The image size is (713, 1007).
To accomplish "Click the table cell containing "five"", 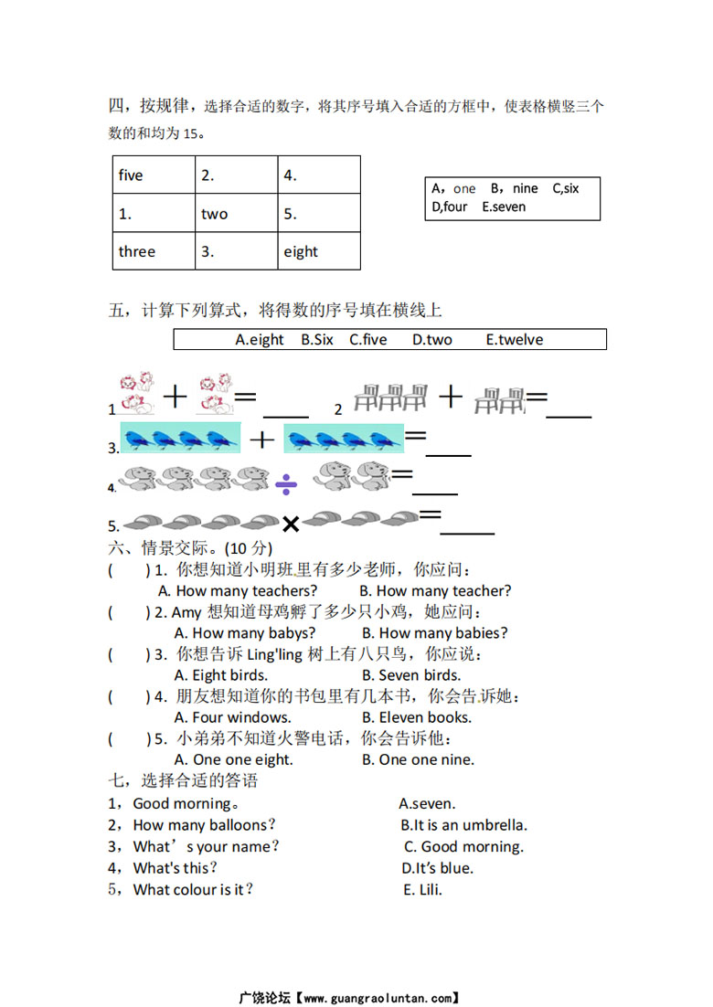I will click(152, 175).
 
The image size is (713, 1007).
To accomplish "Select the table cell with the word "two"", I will click(236, 214).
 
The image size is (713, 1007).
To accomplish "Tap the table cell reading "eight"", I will click(319, 251).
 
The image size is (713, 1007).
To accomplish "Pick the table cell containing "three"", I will click(152, 251).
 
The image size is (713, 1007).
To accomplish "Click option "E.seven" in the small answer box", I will click(504, 207).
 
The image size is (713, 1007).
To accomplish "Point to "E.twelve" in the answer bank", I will click(514, 340).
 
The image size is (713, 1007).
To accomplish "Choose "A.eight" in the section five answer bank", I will click(260, 340).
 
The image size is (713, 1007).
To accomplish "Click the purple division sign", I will click(286, 482).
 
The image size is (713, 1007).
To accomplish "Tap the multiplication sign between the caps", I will click(291, 524).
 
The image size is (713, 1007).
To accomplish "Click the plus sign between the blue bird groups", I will click(262, 440).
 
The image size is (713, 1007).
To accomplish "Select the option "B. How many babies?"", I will click(434, 632).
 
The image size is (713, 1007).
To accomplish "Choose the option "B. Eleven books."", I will click(416, 717).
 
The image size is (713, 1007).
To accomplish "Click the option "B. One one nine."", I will click(418, 759).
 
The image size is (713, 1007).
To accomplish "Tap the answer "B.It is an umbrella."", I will click(463, 825).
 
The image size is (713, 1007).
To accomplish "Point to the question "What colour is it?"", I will click(193, 889).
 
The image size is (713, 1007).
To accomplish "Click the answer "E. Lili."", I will click(422, 889).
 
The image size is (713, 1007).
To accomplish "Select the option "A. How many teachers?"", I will click(238, 590).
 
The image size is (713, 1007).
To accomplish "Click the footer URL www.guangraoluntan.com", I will click(378, 998).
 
